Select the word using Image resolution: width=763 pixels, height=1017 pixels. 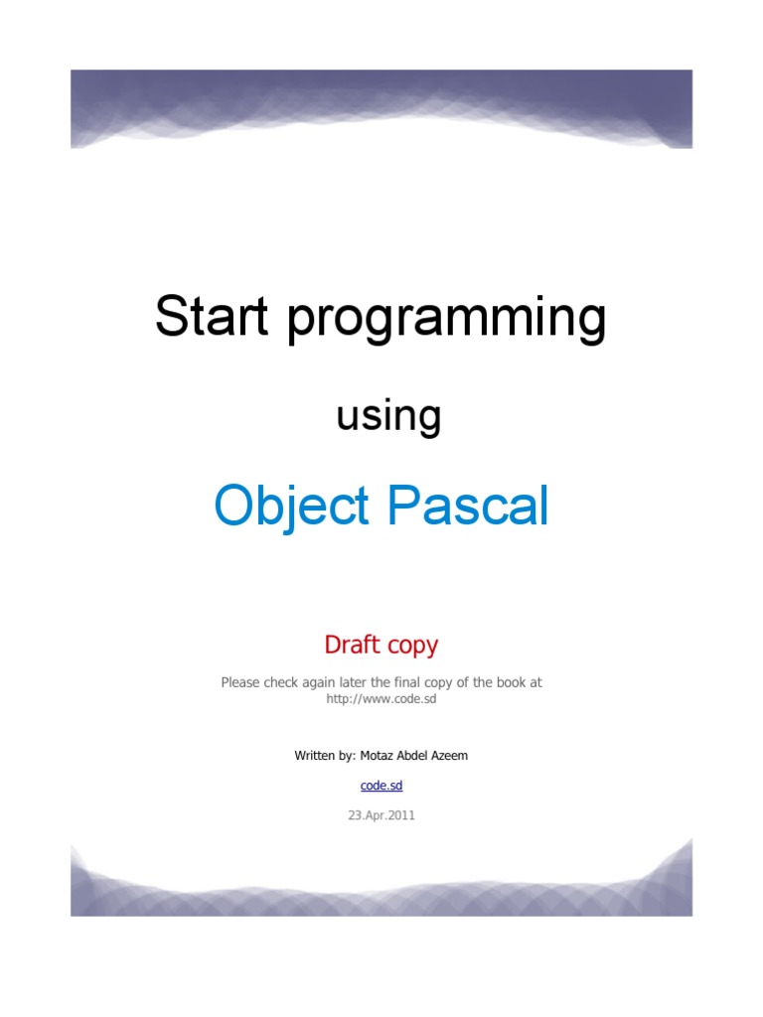coord(388,417)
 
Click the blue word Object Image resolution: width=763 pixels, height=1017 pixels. coord(292,507)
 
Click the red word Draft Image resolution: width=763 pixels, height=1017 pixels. coord(353,645)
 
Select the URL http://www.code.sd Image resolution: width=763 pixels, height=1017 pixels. coord(381,699)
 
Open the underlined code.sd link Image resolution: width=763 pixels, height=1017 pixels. coord(381,785)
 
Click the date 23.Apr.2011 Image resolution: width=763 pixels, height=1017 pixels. coord(381,815)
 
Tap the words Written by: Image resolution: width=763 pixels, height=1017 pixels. coord(324,756)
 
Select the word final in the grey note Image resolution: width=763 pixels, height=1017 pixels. coord(413,683)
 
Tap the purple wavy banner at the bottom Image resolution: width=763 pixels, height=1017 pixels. coord(381,884)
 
